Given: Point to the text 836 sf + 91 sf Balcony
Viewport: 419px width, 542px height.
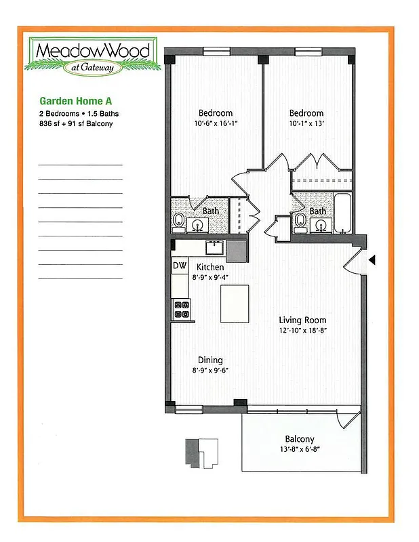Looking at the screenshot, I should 75,124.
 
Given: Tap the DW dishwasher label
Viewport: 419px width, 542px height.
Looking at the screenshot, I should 179,266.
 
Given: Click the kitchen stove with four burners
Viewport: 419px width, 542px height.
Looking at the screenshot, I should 181,309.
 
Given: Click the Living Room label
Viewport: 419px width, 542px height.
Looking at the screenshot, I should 303,320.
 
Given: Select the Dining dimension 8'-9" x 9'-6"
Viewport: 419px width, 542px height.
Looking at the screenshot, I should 210,371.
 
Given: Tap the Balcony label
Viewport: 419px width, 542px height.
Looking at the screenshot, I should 300,439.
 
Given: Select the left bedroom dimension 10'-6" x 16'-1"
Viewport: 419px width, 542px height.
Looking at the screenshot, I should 215,124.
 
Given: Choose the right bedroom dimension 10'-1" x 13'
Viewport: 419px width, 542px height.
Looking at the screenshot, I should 306,124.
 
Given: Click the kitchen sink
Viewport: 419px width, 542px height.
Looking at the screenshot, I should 215,246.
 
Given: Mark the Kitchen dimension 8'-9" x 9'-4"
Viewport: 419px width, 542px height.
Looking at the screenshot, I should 210,277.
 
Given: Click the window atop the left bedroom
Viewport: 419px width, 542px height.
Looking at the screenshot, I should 216,50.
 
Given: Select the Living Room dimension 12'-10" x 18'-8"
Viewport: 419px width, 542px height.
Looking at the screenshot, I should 303,331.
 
